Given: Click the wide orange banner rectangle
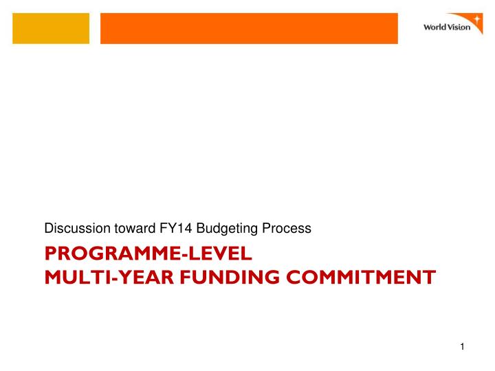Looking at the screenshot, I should point(249,29).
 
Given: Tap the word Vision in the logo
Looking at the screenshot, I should point(460,28).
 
